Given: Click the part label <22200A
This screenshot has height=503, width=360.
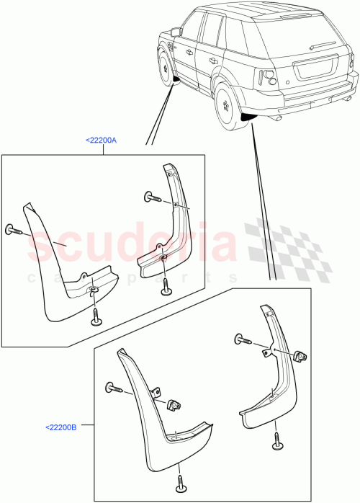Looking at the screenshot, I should [x=101, y=142].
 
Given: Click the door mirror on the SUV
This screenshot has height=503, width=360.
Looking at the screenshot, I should [x=175, y=32].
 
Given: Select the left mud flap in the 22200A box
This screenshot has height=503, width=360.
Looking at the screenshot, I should [x=65, y=267].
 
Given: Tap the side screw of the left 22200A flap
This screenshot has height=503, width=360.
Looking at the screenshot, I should [x=14, y=230].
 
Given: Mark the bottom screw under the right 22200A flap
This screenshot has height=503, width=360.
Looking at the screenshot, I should [x=165, y=286].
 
